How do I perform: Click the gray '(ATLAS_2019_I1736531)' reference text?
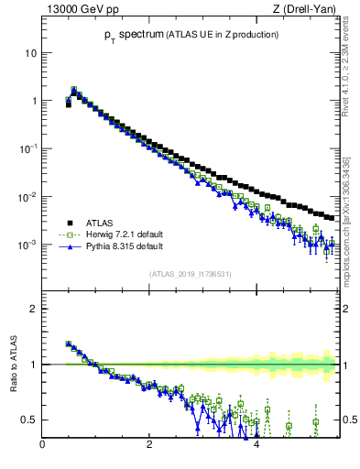click(x=190, y=274)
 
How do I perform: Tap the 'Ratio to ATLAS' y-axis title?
click(x=13, y=364)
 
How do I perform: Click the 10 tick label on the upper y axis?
click(x=30, y=53)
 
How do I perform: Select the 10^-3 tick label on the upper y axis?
click(x=27, y=245)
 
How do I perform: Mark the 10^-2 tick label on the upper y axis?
click(x=27, y=197)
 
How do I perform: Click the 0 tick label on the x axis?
click(x=42, y=445)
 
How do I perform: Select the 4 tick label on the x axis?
click(x=256, y=445)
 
